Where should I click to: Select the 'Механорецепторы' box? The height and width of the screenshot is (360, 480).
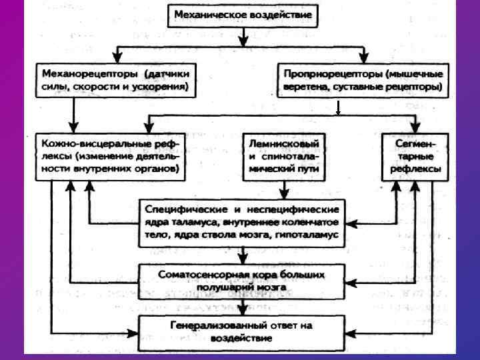[115, 79]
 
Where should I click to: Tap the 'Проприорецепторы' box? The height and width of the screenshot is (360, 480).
[362, 79]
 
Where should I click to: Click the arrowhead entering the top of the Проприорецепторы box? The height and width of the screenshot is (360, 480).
[363, 55]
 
